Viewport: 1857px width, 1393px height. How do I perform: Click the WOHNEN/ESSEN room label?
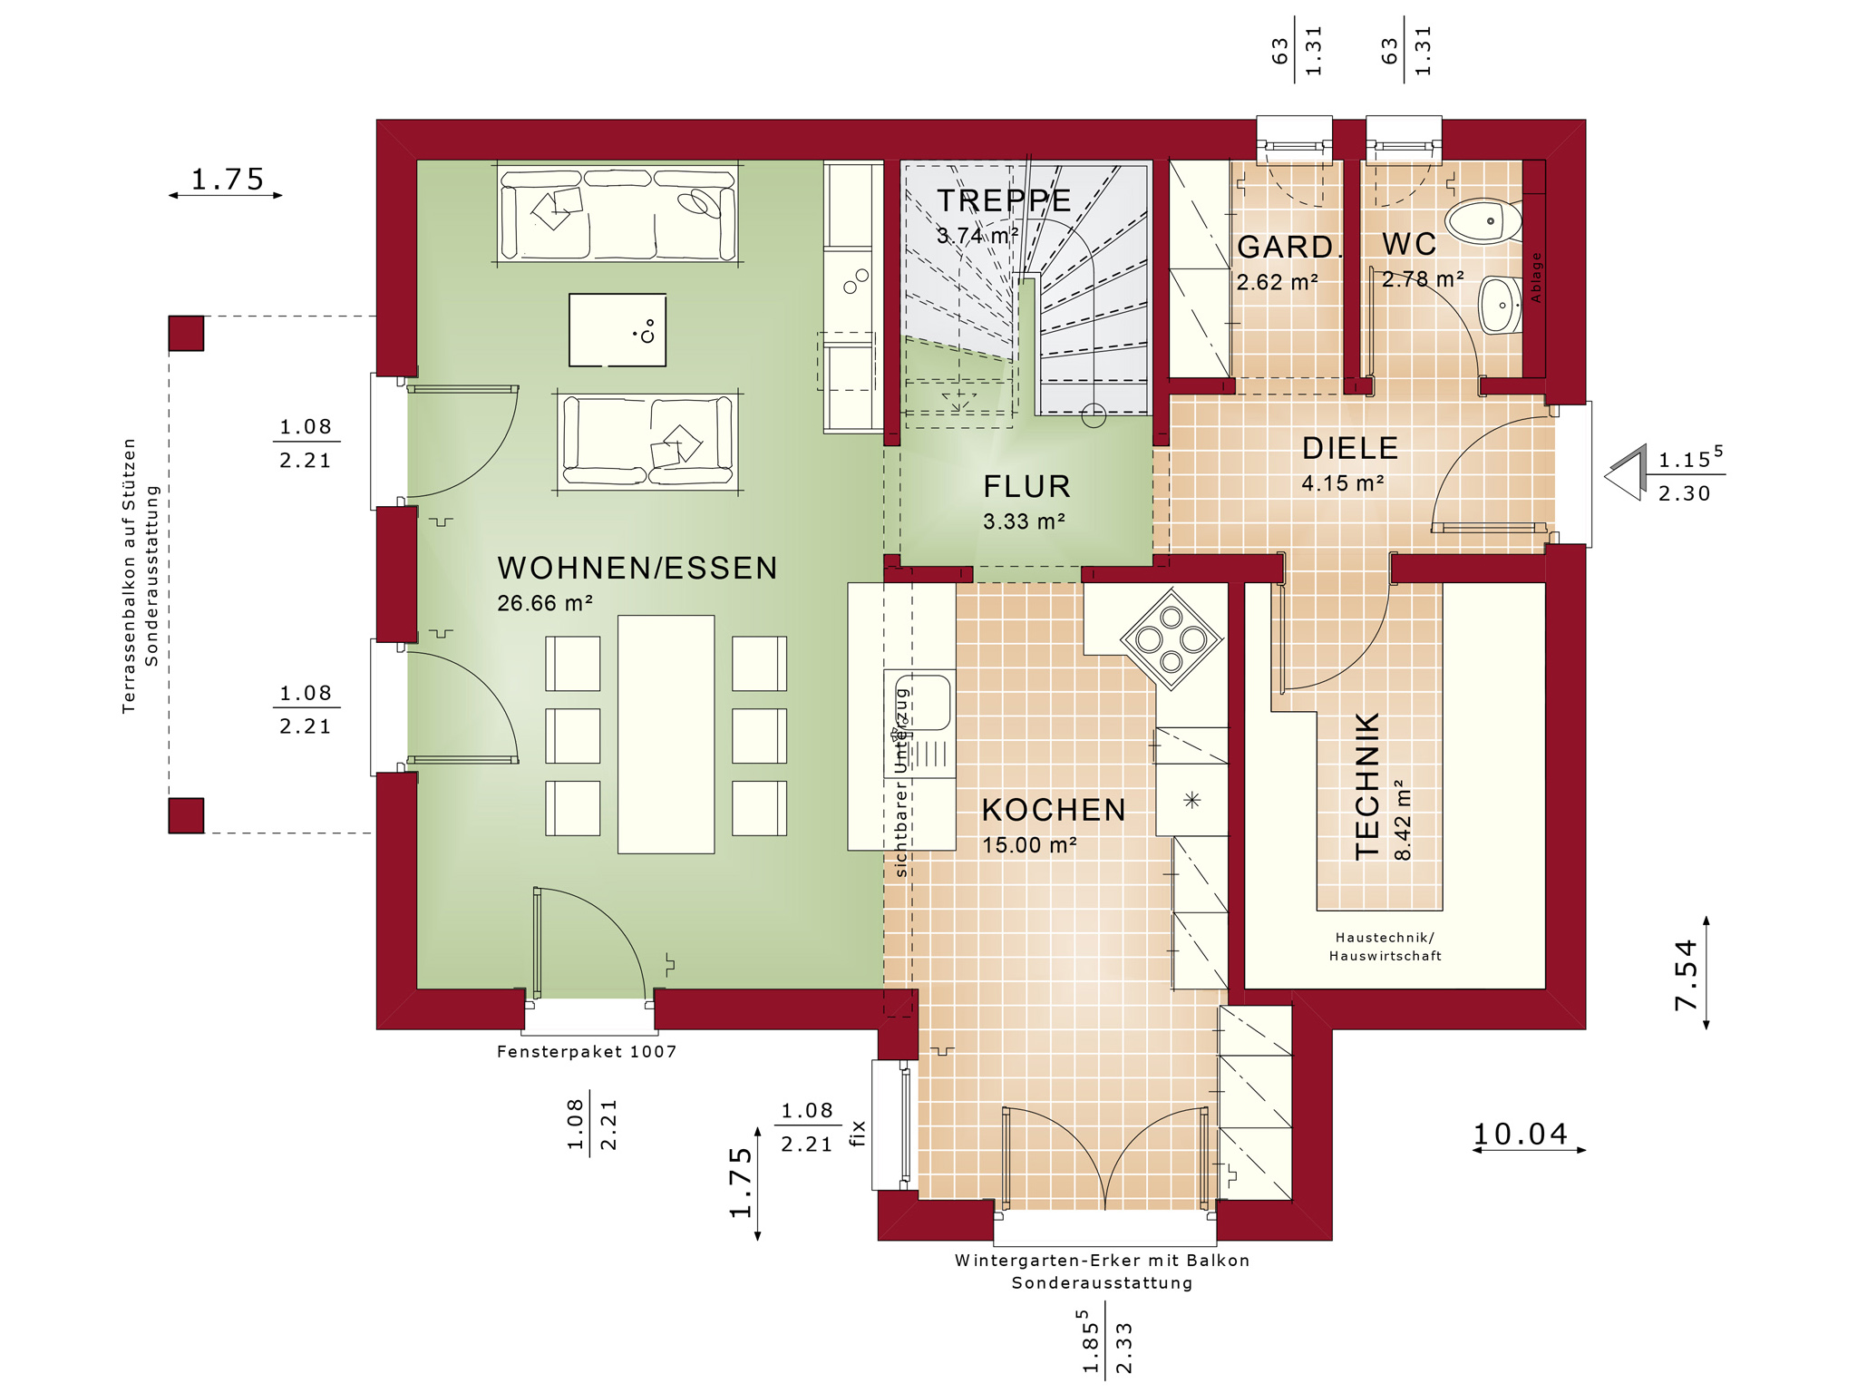pos(637,569)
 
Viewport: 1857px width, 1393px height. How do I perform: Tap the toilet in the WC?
pos(1483,220)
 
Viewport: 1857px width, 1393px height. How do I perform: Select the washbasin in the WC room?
pos(1501,305)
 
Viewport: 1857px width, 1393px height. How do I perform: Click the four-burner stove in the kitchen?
pos(1171,639)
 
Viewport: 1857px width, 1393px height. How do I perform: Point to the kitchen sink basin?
pos(919,700)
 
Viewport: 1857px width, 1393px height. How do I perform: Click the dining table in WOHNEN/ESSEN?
pos(666,735)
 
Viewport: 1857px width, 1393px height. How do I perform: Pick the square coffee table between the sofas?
pos(617,329)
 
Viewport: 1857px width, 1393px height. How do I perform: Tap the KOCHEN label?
pos(1054,810)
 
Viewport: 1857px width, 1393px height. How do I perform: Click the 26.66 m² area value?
pos(545,603)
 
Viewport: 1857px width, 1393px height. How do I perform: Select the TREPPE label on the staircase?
pos(1004,200)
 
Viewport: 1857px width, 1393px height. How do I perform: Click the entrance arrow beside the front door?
pos(1626,472)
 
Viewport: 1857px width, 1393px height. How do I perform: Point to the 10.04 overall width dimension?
pos(1520,1134)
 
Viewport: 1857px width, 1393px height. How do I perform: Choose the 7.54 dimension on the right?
pos(1686,975)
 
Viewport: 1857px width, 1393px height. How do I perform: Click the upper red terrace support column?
pos(186,333)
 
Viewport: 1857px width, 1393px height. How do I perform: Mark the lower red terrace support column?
pos(186,815)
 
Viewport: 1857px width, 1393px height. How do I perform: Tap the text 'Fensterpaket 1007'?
pos(587,1052)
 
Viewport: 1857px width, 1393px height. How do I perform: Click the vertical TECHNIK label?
pos(1367,785)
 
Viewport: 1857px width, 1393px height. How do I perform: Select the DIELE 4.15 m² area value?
pos(1343,483)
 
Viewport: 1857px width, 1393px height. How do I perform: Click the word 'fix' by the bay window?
pos(858,1134)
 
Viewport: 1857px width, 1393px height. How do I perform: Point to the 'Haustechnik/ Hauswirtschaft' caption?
pos(1385,947)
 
